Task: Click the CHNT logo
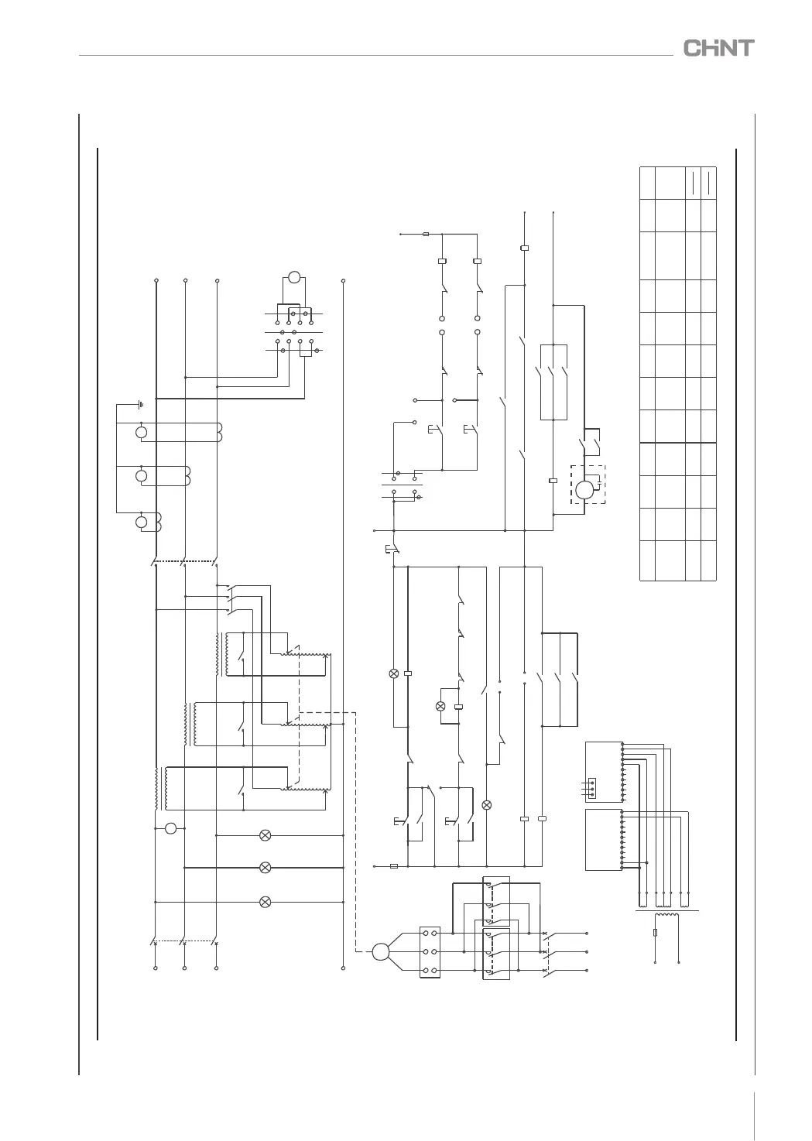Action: [718, 48]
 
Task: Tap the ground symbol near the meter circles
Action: [140, 403]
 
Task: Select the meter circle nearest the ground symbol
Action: [141, 432]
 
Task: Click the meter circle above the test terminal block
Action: [294, 277]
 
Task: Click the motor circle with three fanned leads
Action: [380, 951]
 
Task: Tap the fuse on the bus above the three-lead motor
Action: [394, 866]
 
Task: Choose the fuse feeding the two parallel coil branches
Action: [426, 233]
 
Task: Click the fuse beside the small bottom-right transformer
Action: [656, 933]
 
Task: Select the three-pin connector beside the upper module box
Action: [592, 787]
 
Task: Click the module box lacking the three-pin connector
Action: [604, 839]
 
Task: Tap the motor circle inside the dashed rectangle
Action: [584, 489]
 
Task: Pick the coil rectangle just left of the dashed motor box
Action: [553, 480]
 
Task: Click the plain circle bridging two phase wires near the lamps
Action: [171, 829]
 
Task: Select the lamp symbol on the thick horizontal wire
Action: [265, 868]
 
